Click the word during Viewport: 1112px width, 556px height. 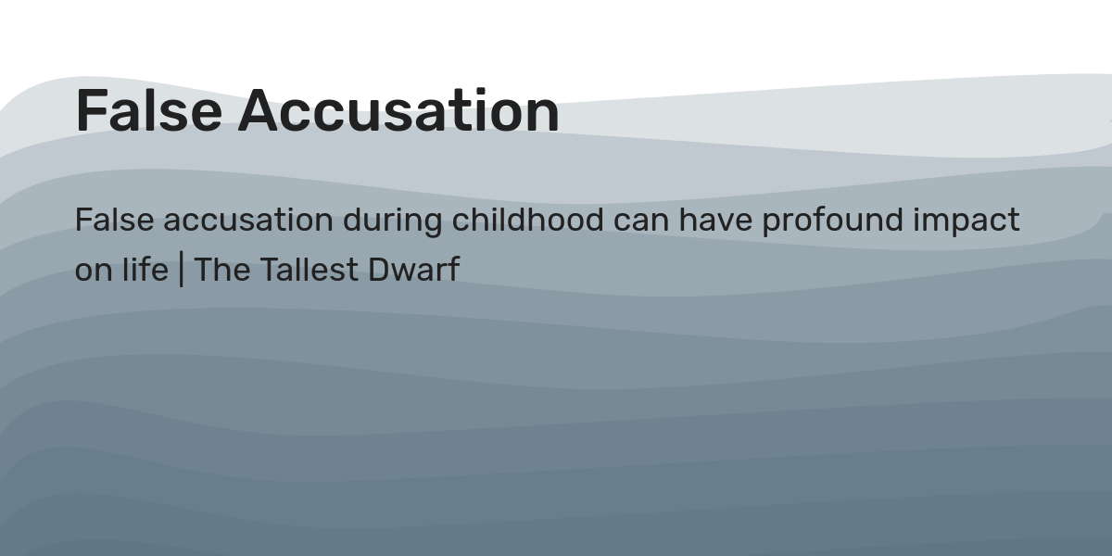393,221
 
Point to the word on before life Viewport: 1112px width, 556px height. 90,271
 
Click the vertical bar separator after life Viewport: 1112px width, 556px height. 181,271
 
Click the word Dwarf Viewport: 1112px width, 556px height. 413,270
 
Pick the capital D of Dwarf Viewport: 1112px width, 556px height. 378,270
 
